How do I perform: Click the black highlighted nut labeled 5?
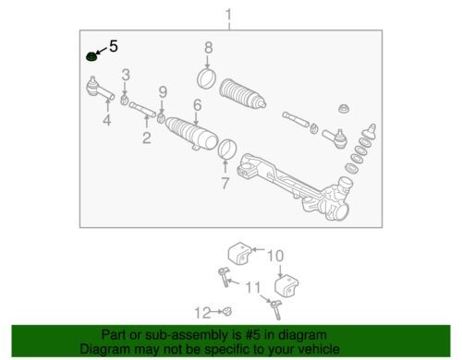tap(91, 56)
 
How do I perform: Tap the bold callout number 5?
tap(114, 46)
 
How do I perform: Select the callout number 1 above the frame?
tap(228, 15)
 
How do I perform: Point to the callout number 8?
tap(209, 48)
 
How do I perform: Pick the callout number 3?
tap(126, 75)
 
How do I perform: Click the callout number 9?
tap(163, 92)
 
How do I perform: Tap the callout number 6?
tap(198, 105)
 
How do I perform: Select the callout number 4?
tap(107, 120)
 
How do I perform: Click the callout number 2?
tap(147, 138)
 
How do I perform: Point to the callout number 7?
tap(225, 183)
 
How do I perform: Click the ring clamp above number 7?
tap(227, 149)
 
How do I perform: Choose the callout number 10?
tap(275, 256)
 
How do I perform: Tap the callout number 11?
tap(253, 288)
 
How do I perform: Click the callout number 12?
tap(203, 313)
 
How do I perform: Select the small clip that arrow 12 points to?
tap(227, 312)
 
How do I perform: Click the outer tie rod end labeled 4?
tap(99, 89)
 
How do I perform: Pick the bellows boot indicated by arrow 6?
tap(191, 134)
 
